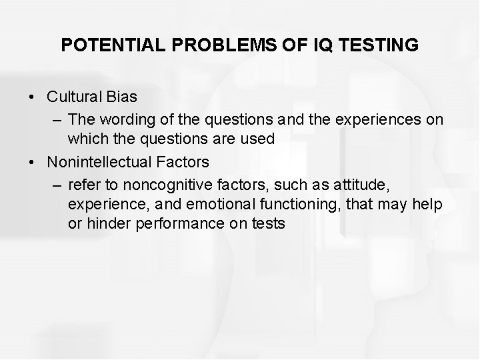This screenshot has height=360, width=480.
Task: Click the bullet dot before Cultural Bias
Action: coord(33,97)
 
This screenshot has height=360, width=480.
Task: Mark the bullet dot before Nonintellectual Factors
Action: coord(33,161)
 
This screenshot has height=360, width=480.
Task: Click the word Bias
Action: coord(121,97)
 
